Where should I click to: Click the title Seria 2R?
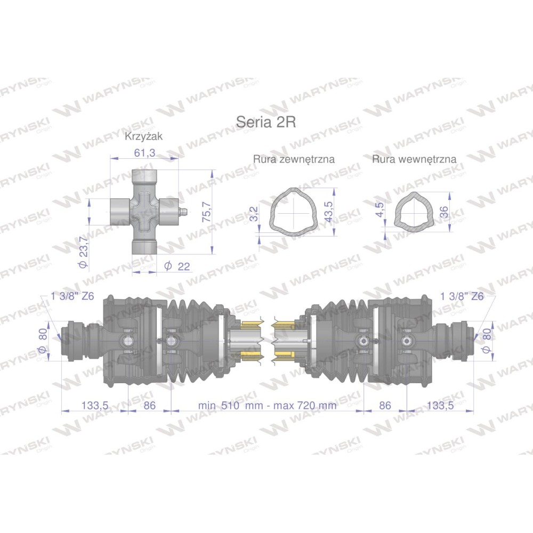coord(266,122)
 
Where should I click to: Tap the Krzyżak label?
coord(144,136)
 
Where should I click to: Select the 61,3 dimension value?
coord(144,153)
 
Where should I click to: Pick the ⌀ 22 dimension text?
coord(177,266)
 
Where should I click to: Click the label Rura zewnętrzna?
coord(294,159)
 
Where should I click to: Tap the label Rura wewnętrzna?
coord(414,159)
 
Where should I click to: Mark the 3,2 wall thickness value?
coord(254,214)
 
